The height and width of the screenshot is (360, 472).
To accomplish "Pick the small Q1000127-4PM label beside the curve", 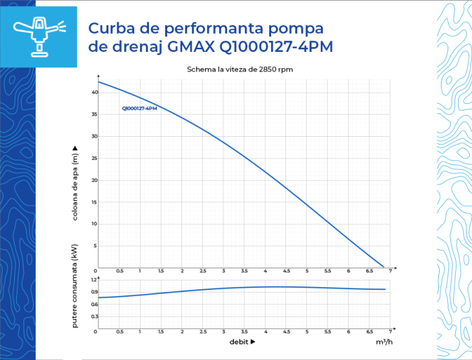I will point(140,109).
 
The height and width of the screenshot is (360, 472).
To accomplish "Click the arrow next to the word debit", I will point(253,342).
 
